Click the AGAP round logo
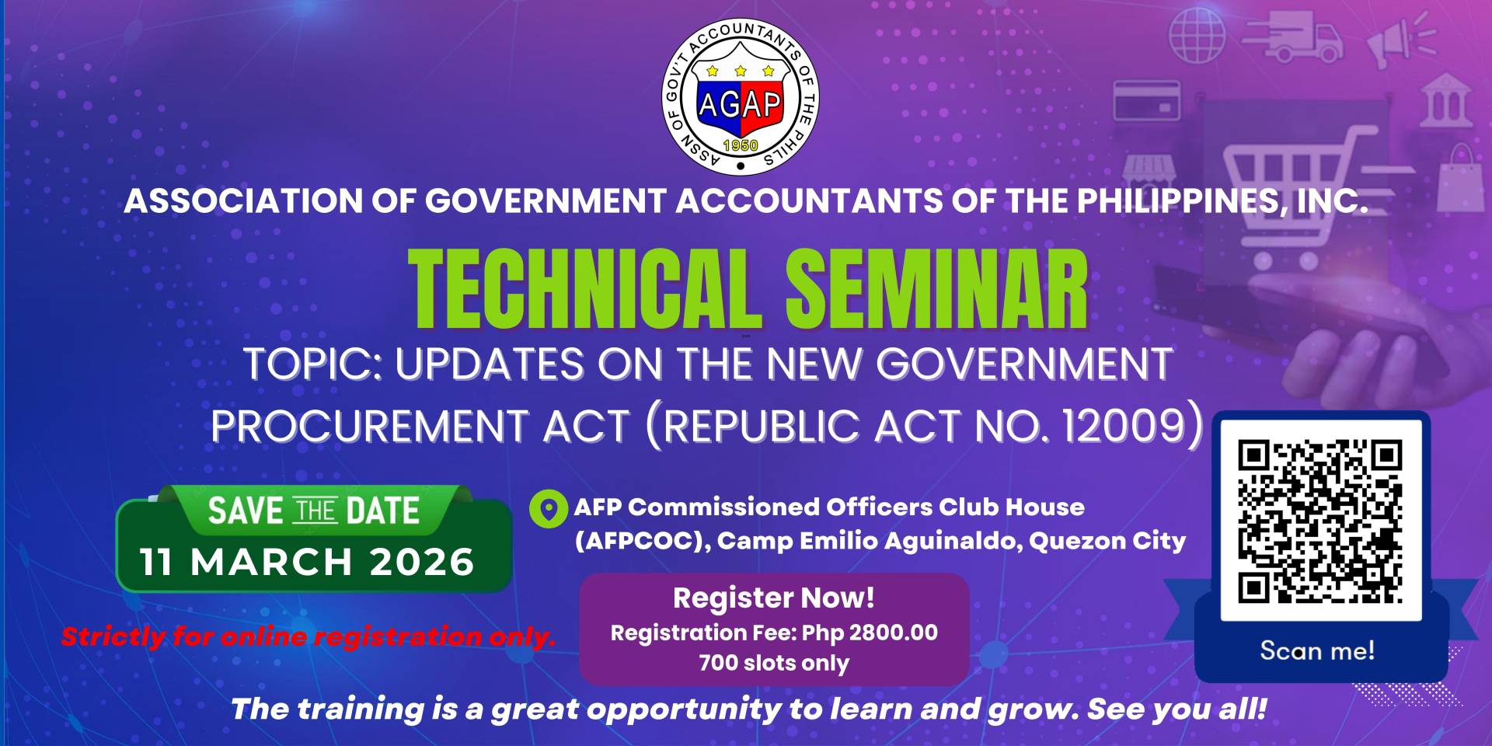coord(740,96)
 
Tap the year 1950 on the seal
coord(740,145)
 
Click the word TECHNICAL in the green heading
coord(584,291)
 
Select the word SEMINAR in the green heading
coord(936,291)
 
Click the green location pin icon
coord(549,510)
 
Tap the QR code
coord(1320,521)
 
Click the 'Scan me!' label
coord(1317,650)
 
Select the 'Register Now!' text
coord(774,598)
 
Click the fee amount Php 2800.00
coord(870,633)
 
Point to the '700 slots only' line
coord(774,663)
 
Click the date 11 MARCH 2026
coord(307,562)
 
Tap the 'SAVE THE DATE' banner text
coord(314,511)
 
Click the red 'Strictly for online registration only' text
coord(309,636)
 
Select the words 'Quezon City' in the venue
coord(1107,541)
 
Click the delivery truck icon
coord(1292,36)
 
